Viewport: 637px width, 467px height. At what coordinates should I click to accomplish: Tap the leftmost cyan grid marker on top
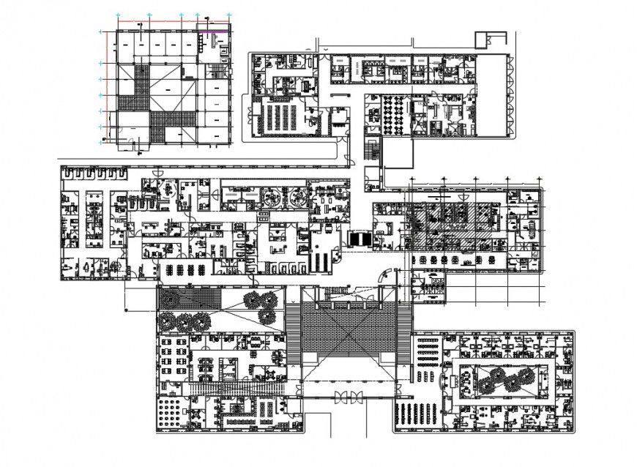pyautogui.click(x=120, y=15)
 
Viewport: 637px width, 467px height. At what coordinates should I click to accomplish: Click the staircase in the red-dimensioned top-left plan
pyautogui.click(x=217, y=71)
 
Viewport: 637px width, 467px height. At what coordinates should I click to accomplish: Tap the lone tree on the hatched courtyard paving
pyautogui.click(x=172, y=299)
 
